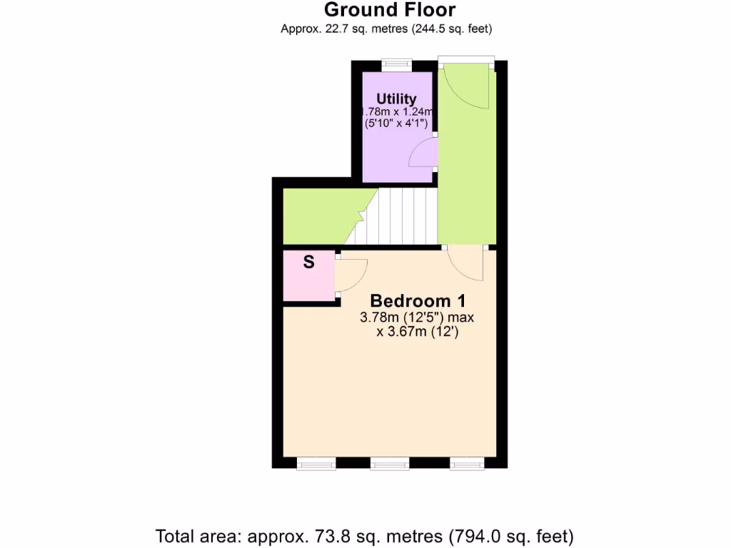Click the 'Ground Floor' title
click(389, 10)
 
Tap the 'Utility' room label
click(396, 99)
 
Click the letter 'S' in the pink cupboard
click(309, 262)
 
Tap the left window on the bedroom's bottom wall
click(316, 465)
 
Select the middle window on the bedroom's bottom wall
click(389, 465)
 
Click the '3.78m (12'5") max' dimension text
click(417, 318)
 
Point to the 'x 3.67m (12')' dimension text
click(417, 332)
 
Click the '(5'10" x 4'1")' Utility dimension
click(395, 123)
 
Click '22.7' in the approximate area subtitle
click(328, 29)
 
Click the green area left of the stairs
click(318, 216)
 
